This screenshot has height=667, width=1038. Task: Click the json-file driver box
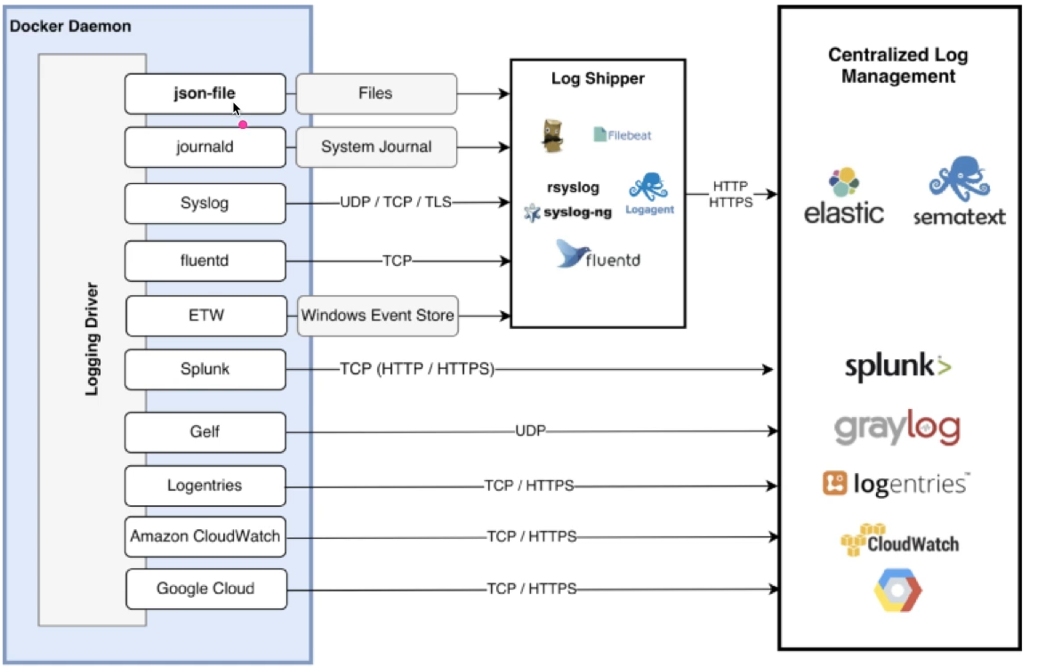[205, 94]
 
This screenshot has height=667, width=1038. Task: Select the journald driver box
[205, 147]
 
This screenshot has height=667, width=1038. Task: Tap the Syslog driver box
[205, 203]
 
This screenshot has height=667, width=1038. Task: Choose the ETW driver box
[205, 316]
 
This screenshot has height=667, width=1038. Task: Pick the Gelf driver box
[205, 432]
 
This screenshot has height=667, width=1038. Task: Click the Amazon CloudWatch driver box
[205, 537]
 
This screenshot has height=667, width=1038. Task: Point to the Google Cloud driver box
[205, 589]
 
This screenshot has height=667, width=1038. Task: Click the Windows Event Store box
[378, 316]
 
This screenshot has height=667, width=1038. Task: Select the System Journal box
[376, 147]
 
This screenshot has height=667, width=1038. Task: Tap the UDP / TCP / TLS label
[395, 203]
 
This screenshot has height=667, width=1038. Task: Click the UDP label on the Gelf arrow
[529, 431]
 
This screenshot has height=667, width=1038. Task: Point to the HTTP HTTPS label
[729, 195]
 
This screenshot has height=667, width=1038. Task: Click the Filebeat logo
[623, 135]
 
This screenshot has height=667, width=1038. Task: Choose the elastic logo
[843, 197]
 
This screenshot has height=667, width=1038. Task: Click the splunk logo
[897, 366]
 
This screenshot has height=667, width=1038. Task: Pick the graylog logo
[897, 428]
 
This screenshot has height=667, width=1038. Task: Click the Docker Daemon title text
[70, 26]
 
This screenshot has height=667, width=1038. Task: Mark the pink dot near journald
[242, 125]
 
